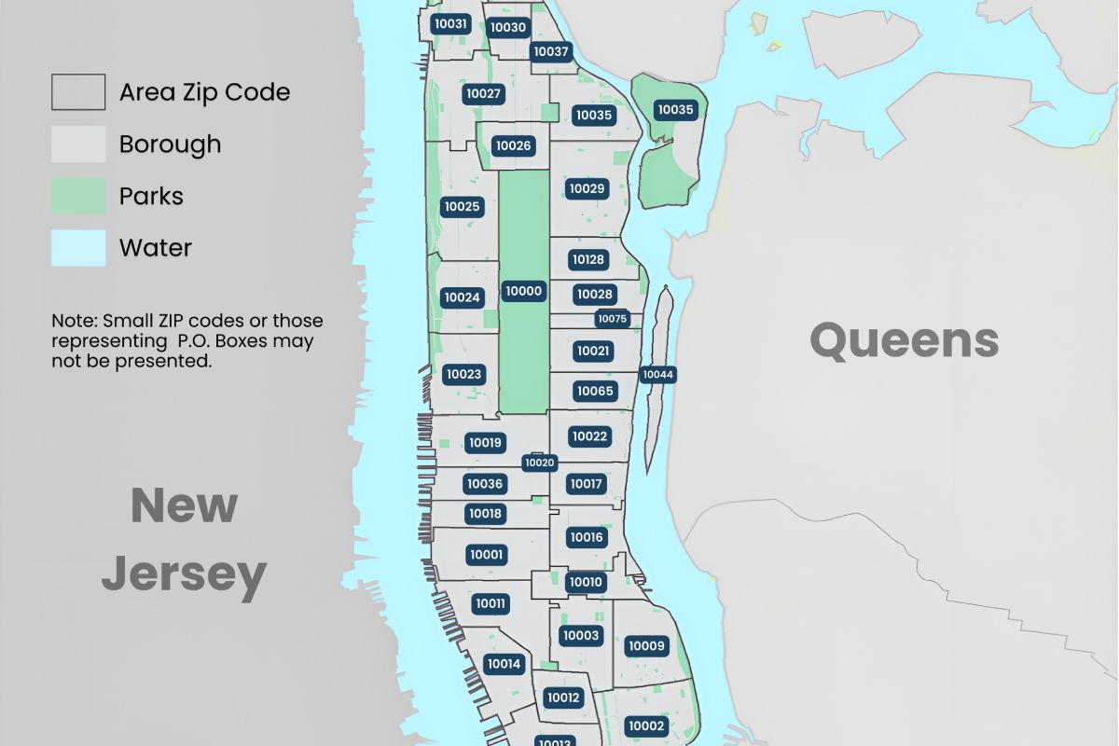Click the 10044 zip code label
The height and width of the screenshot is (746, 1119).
(x=657, y=375)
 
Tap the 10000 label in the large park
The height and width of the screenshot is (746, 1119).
(x=523, y=291)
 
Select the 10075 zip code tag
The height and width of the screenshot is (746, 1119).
(x=613, y=319)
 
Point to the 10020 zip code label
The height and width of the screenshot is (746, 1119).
(x=540, y=463)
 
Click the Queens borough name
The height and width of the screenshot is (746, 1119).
(x=904, y=340)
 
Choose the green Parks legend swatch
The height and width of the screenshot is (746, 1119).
(x=78, y=196)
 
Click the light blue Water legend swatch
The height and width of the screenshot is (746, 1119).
(x=78, y=248)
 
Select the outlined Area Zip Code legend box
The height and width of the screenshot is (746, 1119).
(x=78, y=92)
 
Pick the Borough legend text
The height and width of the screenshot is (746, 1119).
(x=170, y=145)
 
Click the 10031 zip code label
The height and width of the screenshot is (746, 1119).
(x=450, y=23)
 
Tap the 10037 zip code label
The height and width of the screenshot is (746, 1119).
(x=551, y=51)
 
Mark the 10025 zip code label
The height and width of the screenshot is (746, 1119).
(x=462, y=206)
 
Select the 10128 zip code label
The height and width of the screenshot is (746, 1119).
(x=588, y=259)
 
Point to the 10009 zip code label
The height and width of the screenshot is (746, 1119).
(x=646, y=646)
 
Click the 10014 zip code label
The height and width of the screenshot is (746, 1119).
(x=504, y=664)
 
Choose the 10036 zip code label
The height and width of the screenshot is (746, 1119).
(x=485, y=484)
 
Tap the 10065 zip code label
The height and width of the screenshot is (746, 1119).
(x=595, y=391)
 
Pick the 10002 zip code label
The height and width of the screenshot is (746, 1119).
(x=646, y=726)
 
